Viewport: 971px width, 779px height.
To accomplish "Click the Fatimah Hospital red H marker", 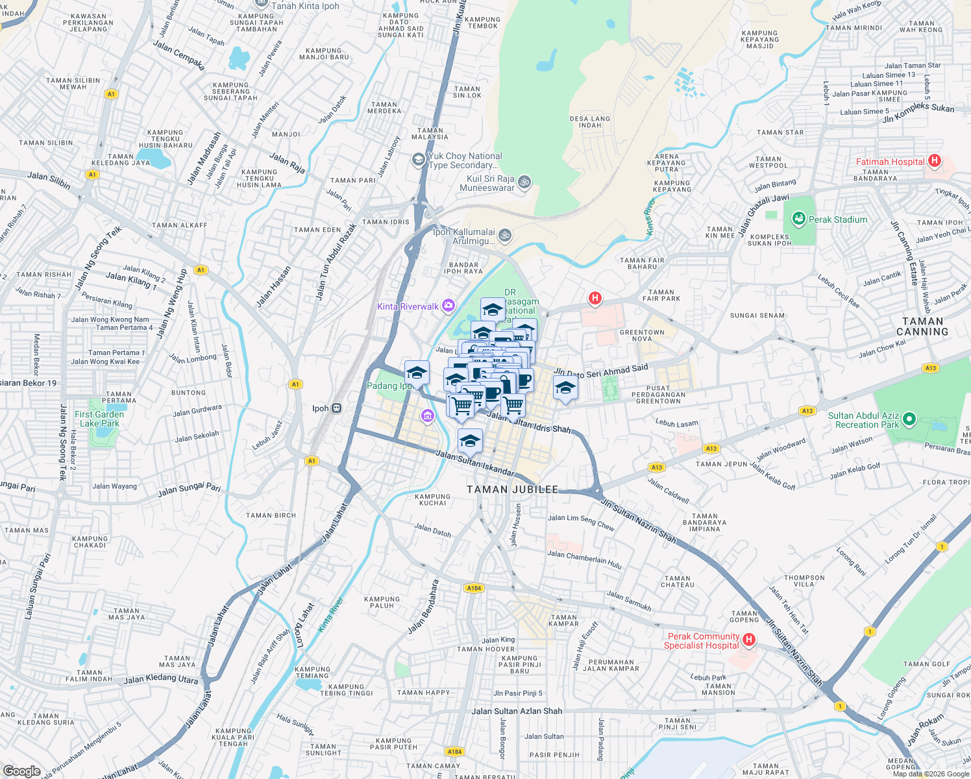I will point(934,160).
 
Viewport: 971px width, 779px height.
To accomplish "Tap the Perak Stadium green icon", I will point(798,219).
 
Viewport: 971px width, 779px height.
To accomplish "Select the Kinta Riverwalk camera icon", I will point(449,306).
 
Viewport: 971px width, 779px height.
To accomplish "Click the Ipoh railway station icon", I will point(336,408).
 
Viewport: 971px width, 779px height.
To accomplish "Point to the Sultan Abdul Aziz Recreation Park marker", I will point(909,419).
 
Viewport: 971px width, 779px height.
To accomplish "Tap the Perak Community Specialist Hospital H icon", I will point(748,640).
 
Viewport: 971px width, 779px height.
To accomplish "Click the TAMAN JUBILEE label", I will point(512,489).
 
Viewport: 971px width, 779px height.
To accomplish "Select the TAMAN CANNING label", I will point(922,327).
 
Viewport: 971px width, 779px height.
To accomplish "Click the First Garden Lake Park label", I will point(99,419).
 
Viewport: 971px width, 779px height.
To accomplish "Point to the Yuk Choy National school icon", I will point(419,159).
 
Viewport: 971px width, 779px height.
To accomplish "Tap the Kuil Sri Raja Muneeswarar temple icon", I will point(524,182).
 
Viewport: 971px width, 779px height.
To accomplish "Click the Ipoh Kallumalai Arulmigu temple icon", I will point(505,235).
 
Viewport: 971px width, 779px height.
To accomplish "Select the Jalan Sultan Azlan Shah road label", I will point(517,711).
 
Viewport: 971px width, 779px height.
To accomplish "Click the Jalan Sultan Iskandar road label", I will point(474,464).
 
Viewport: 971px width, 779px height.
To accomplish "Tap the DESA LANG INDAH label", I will point(589,122).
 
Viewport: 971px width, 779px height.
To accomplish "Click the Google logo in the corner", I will point(21,771).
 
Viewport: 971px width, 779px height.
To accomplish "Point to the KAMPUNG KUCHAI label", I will point(432,499).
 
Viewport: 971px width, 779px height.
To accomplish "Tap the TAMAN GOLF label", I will point(926,664).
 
